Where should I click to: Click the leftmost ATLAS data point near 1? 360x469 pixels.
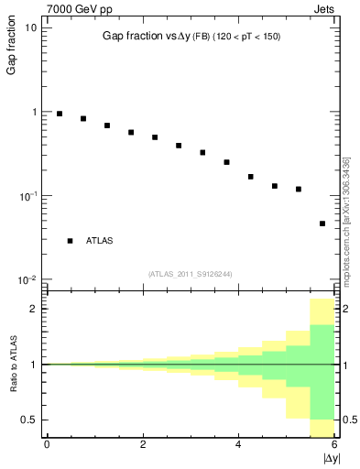[60, 114]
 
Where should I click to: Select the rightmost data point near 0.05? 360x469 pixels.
[322, 224]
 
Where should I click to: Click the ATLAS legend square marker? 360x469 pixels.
[71, 241]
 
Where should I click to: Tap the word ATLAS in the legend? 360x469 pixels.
[100, 241]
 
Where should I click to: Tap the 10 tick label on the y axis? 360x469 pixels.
[30, 27]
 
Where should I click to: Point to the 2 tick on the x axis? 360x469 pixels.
[143, 444]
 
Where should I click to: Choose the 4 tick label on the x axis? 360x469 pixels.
[238, 444]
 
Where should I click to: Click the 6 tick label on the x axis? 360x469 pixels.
[334, 444]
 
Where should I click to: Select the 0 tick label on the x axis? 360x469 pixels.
[47, 444]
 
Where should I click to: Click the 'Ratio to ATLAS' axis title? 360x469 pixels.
[12, 364]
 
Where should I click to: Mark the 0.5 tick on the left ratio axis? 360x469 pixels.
[30, 420]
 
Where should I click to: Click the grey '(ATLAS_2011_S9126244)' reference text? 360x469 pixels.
[191, 272]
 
